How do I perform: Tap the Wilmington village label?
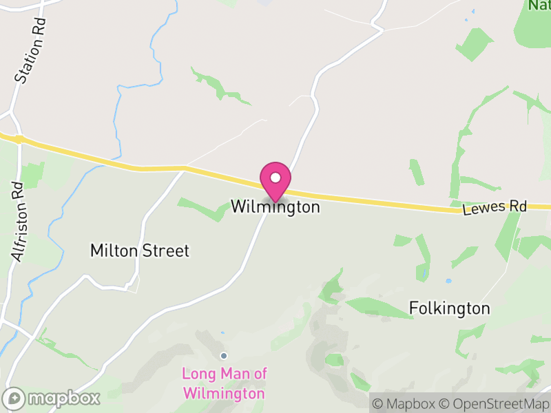click(x=275, y=206)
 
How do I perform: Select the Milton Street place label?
click(x=140, y=251)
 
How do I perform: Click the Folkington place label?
click(x=450, y=308)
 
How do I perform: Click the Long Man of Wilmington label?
click(x=223, y=383)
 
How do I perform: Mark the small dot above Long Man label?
click(x=223, y=356)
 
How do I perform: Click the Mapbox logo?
click(x=52, y=398)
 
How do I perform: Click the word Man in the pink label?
click(x=232, y=374)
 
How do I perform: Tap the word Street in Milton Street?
click(x=165, y=251)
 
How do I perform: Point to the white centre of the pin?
click(x=275, y=178)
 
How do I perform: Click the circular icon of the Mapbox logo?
click(x=14, y=398)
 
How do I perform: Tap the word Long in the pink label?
click(x=197, y=374)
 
